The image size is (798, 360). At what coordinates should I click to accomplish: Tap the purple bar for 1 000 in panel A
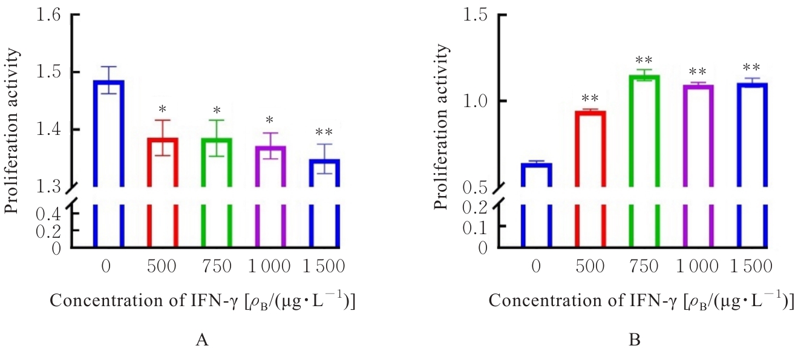coord(270,166)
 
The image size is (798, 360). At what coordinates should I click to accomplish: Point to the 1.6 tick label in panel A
coord(48,15)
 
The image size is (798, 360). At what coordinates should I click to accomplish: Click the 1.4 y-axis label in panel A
coord(48,129)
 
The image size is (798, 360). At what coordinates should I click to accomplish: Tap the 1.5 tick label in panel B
coord(477,15)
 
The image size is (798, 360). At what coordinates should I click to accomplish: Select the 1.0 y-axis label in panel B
coord(477,100)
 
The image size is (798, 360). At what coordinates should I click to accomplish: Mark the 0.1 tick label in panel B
coord(477,226)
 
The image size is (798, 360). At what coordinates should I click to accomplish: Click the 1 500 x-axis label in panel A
coord(323,266)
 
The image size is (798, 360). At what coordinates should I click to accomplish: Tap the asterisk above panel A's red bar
coord(163,110)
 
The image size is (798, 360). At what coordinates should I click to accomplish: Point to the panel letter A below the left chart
coord(202,341)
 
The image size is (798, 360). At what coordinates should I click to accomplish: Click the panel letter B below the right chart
coord(635,341)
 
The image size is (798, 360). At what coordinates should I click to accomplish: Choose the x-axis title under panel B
coord(641,301)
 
